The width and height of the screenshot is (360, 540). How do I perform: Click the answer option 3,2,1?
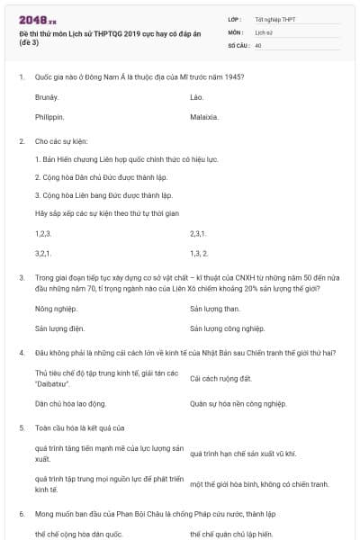click(x=43, y=254)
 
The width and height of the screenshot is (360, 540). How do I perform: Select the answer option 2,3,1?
click(x=199, y=233)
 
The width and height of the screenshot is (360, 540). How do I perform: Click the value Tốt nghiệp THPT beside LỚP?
click(x=274, y=19)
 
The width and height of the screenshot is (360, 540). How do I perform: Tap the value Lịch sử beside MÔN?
click(x=264, y=31)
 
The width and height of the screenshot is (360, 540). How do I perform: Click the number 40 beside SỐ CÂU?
click(x=258, y=44)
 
